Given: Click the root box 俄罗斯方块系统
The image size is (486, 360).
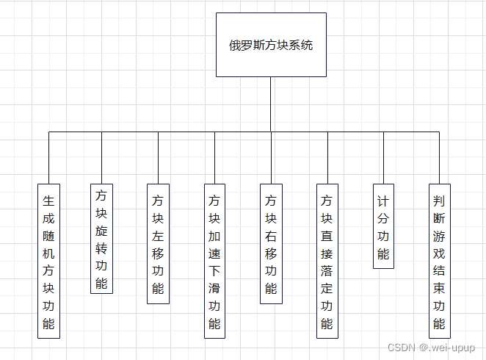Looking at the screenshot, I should (271, 45).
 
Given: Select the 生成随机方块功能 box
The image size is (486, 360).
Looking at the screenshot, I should (48, 261).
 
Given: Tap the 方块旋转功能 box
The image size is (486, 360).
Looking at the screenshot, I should (101, 239).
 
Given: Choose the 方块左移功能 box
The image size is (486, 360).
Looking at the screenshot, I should (158, 243).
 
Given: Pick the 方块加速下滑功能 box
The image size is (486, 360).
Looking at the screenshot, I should (214, 261).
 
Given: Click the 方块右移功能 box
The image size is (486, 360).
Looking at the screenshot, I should (271, 243).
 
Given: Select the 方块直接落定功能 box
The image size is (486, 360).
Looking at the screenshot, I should (327, 261).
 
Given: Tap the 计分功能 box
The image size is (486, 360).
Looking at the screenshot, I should (383, 226).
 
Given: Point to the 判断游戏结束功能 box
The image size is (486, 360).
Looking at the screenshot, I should (439, 261).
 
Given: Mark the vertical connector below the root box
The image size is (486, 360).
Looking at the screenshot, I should (271, 104).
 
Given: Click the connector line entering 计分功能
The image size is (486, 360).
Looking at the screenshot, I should (383, 158).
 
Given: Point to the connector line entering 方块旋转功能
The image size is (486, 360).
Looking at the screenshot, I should (101, 158).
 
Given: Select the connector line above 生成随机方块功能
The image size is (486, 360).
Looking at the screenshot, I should (48, 158).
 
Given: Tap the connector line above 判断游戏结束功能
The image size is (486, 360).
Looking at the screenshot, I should (439, 158).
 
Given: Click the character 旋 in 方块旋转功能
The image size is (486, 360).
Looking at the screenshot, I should (101, 230).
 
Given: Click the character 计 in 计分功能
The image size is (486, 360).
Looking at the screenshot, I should (383, 201).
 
